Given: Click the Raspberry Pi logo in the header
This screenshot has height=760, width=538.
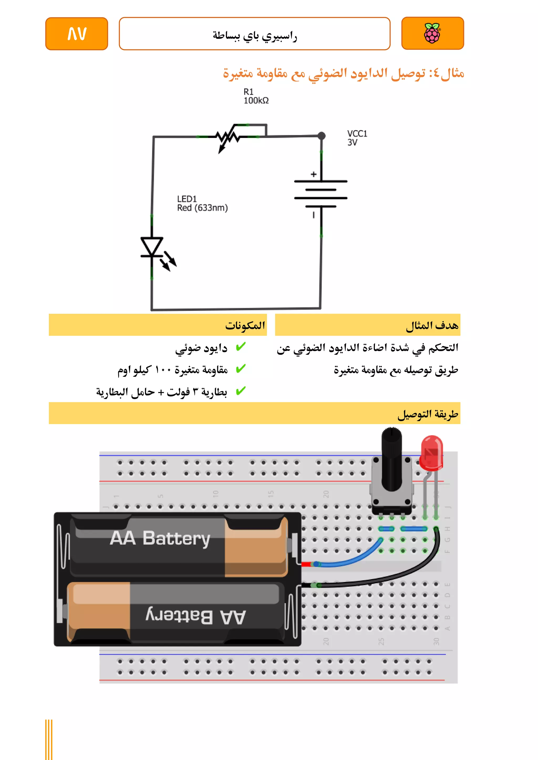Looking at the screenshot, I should click(x=432, y=33).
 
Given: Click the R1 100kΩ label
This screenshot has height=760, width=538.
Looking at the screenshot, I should click(x=256, y=96).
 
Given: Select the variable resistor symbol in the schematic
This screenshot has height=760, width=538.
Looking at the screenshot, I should click(x=228, y=137).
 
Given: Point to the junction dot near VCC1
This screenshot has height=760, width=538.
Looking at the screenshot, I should click(x=321, y=136).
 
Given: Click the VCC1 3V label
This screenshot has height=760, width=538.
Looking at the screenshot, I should click(x=357, y=138).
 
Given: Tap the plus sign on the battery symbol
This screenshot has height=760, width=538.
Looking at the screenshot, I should click(x=313, y=174).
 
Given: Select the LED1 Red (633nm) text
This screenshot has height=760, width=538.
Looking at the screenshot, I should click(x=202, y=203).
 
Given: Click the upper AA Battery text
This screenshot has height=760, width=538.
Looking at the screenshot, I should click(x=160, y=538).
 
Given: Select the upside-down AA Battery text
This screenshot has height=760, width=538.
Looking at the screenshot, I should click(x=195, y=617).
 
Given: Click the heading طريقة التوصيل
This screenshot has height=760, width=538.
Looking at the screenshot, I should click(x=428, y=414).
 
